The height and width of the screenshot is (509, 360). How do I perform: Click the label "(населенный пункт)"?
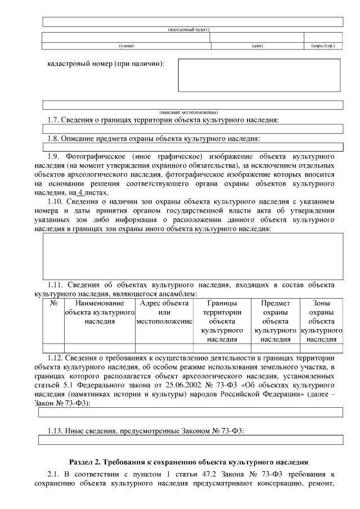(192, 29)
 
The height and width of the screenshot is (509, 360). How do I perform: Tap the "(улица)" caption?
(125, 46)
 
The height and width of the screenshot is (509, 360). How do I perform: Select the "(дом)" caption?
(256, 46)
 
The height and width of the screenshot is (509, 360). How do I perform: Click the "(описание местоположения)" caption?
(192, 112)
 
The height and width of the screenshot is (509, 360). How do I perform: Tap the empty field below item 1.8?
(192, 147)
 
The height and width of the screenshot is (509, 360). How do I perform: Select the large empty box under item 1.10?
(192, 256)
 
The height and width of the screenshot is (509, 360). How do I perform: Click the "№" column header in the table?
(55, 303)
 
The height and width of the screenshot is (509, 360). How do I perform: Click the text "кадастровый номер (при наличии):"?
(106, 64)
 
